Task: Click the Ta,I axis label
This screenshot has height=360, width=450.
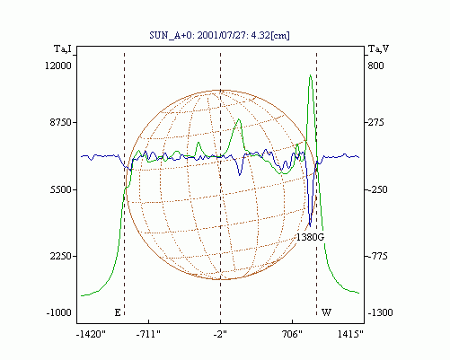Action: [x=63, y=48]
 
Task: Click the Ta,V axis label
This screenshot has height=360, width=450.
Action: [x=378, y=48]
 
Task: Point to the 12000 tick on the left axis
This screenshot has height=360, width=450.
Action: [x=58, y=66]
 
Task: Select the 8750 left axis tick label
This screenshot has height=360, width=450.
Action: [x=61, y=122]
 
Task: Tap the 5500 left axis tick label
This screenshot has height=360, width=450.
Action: [x=61, y=189]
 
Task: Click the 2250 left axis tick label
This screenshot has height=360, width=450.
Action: [x=61, y=256]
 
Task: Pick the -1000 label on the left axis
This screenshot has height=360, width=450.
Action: [x=59, y=312]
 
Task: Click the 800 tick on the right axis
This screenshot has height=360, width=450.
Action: [x=375, y=66]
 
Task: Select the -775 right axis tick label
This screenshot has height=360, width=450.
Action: [x=378, y=256]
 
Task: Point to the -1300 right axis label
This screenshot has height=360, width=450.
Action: [x=380, y=312]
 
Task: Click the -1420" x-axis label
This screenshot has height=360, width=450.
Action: [x=92, y=334]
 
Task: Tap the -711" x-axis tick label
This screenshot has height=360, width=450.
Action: [x=148, y=334]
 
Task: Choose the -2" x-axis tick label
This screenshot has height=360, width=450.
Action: [x=220, y=334]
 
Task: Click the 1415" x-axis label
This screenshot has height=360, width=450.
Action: [x=350, y=334]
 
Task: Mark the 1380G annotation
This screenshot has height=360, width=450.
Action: [x=311, y=237]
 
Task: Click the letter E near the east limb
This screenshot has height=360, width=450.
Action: [x=118, y=312]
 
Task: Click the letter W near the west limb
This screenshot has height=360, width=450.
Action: [x=326, y=312]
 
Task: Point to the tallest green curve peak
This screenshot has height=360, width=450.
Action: [x=311, y=75]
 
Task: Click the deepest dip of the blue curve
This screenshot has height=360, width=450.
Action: [x=310, y=226]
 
